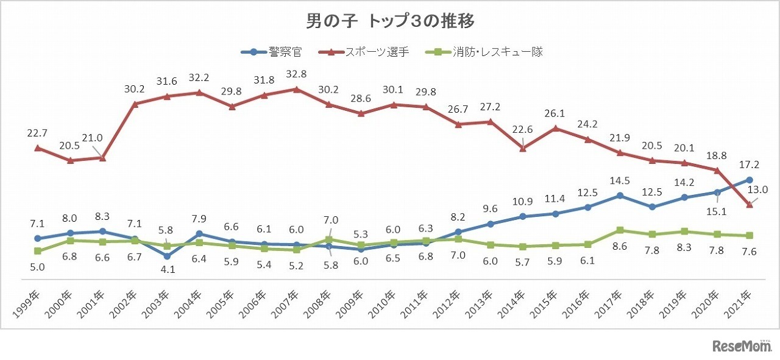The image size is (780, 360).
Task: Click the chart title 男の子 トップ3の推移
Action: pyautogui.click(x=390, y=21)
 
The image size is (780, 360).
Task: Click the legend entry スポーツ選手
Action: pyautogui.click(x=364, y=52)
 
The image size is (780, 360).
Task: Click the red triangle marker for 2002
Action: pyautogui.click(x=135, y=104)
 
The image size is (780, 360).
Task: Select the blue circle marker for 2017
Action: pyautogui.click(x=620, y=196)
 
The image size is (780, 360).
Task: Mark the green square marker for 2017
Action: pyautogui.click(x=620, y=230)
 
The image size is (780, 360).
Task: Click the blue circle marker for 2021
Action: pyautogui.click(x=749, y=180)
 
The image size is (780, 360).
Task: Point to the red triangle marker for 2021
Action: pyautogui.click(x=749, y=205)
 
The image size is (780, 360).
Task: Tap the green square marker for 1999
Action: pyautogui.click(x=38, y=251)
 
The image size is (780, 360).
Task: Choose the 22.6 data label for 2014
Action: pyautogui.click(x=523, y=130)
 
